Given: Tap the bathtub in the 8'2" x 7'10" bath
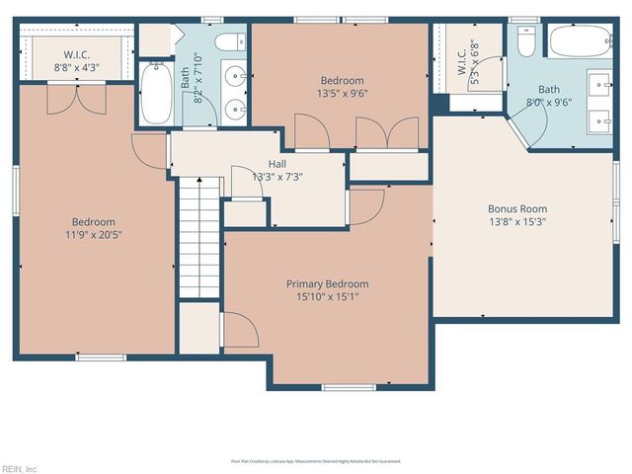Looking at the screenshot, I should tap(156, 93).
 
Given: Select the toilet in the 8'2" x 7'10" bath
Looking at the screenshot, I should tap(229, 41).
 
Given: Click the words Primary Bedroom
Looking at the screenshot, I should tap(328, 283).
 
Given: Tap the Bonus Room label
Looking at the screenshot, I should tap(517, 209).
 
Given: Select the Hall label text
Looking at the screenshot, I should tap(277, 164).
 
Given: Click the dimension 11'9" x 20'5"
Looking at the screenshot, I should tap(93, 236).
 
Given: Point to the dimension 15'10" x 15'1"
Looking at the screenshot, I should tap(328, 297).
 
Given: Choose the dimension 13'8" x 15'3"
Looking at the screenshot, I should tap(517, 222).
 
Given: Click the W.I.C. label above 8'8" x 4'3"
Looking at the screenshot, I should tap(78, 54).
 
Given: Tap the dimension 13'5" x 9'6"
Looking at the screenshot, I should tap(342, 95).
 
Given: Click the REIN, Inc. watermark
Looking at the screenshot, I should tap(20, 468).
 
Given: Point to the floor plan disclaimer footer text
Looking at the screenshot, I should tap(316, 460).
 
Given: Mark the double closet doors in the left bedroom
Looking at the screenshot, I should tap(76, 97).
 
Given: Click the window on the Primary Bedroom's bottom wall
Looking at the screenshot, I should tap(348, 386).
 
